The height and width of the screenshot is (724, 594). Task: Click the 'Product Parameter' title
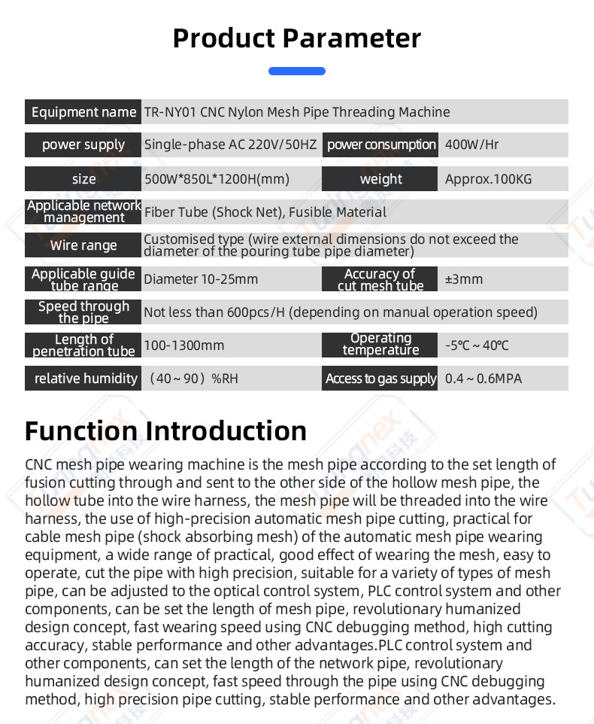[x=297, y=38]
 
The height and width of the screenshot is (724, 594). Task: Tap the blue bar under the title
[x=297, y=71]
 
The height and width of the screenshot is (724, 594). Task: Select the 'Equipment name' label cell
[x=83, y=112]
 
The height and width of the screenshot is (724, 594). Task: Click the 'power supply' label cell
[x=83, y=144]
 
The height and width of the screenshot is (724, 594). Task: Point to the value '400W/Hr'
[x=471, y=144]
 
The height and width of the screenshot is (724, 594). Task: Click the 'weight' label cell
[x=380, y=179]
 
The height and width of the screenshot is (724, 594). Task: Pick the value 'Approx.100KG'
[x=488, y=179]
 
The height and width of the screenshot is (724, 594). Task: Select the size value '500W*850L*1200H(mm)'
[x=217, y=179]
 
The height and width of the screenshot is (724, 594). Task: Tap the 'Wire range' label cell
[x=83, y=245]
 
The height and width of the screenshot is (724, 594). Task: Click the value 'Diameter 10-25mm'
[x=201, y=279]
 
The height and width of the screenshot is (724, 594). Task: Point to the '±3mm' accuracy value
[x=463, y=279]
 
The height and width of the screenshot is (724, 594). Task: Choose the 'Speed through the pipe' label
[x=83, y=312]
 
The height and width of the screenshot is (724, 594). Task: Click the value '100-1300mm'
[x=184, y=345]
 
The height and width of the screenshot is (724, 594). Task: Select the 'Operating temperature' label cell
[x=380, y=345]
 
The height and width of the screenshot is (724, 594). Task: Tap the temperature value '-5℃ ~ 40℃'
[x=477, y=345]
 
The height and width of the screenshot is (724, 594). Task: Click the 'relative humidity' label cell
[x=83, y=379]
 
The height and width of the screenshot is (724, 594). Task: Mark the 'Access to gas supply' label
[x=380, y=379]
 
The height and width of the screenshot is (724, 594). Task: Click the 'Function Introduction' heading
[x=165, y=431]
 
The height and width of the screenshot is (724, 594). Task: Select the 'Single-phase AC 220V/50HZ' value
[x=231, y=144]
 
